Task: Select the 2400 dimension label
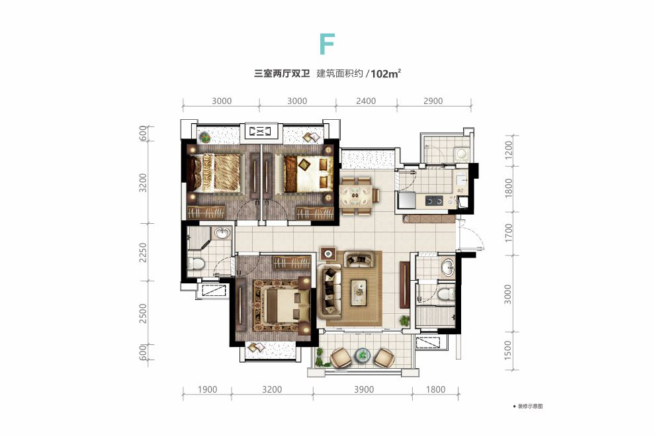point(365,101)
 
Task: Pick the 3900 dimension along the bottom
point(363,389)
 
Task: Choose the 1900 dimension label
point(207,389)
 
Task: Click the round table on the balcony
point(362,355)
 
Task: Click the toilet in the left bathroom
point(195,265)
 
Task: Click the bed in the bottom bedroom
point(277,306)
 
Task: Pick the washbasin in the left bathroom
point(222,233)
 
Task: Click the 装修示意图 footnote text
point(531,405)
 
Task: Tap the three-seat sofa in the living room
point(329,289)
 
